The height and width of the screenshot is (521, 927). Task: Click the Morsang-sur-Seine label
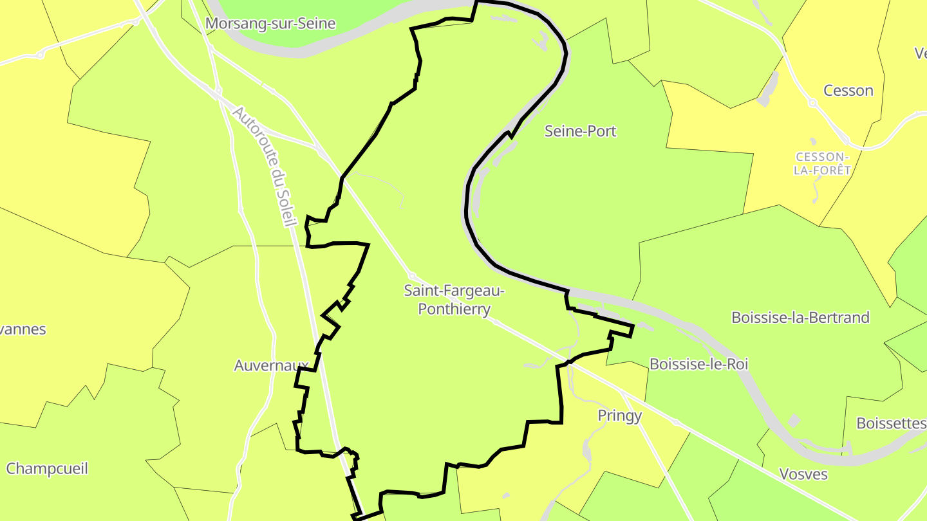point(270,24)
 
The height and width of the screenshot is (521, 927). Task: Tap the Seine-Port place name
point(580,131)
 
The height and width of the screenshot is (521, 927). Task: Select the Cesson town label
point(848,91)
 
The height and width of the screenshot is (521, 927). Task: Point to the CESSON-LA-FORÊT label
point(823,163)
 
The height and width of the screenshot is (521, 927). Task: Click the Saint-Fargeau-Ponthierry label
point(454,300)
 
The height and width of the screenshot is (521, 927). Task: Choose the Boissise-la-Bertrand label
point(800,317)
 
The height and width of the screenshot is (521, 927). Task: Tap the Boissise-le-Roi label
point(698,364)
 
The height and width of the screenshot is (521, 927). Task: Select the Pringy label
point(619,416)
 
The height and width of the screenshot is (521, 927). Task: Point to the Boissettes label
point(891,423)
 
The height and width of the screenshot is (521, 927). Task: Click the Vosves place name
point(803,474)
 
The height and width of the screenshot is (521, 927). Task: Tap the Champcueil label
point(47,468)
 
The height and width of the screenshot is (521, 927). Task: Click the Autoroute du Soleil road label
point(263,167)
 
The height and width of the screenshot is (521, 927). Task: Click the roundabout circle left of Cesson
point(812,102)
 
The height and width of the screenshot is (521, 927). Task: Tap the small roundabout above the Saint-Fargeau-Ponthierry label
point(412,275)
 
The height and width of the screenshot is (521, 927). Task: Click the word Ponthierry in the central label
point(454,309)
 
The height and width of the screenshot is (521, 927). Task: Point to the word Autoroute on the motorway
point(250,137)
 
